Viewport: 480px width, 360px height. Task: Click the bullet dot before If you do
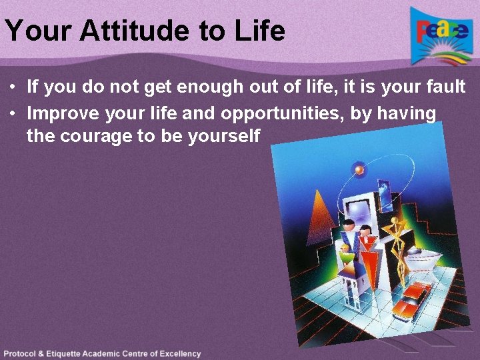(13, 87)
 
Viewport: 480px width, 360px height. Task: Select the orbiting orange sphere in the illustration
(359, 170)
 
